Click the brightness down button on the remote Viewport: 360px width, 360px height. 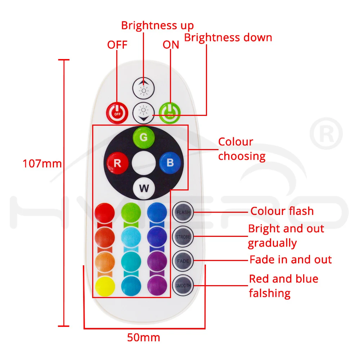[143, 113]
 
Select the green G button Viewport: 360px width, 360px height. [144, 138]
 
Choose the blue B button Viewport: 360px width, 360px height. [170, 163]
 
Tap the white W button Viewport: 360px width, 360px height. [144, 188]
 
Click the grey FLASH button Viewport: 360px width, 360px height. [183, 212]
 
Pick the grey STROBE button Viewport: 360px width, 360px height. [183, 237]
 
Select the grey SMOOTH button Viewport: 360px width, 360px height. [183, 285]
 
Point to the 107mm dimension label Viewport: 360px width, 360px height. [42, 164]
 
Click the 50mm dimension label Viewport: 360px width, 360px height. [143, 338]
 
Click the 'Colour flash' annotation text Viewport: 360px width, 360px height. [282, 211]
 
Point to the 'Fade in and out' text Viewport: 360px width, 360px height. [291, 260]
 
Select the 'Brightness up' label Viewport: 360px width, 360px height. [157, 26]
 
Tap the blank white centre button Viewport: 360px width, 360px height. [144, 163]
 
